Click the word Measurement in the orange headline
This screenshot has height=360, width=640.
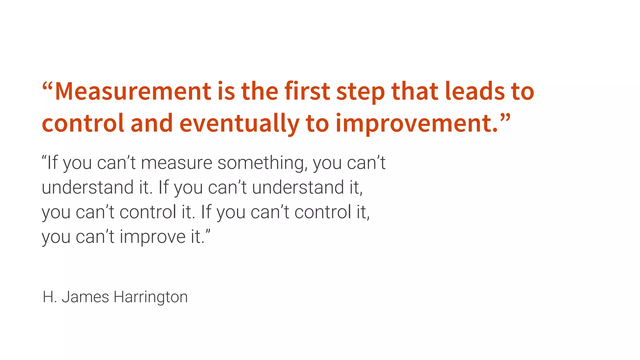point(133,91)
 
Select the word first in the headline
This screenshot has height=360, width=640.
point(307,91)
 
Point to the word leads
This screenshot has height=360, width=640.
point(475,91)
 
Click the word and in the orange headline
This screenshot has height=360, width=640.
point(152,123)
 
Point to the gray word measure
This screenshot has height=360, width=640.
point(177,163)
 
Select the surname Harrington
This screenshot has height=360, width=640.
point(150,297)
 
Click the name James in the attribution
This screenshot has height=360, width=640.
point(85,297)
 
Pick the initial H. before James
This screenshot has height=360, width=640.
point(50,297)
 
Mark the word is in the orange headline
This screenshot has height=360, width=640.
point(226,91)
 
